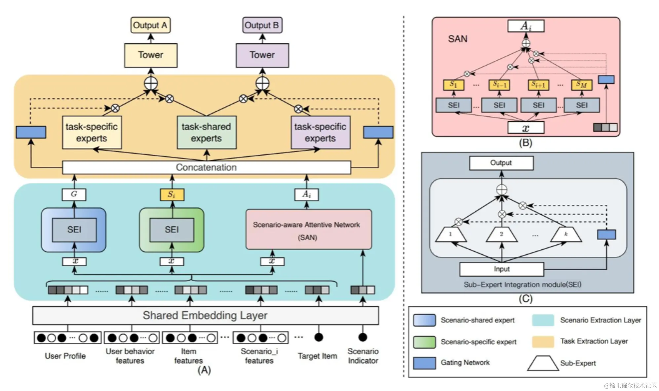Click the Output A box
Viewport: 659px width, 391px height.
[150, 25]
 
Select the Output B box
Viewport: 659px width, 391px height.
[262, 25]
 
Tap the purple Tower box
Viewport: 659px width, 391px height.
[262, 55]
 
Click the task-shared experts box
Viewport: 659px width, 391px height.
[207, 132]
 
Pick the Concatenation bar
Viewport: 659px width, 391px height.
[206, 167]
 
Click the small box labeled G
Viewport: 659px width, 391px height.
[74, 194]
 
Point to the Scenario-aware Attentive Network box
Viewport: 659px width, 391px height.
[308, 229]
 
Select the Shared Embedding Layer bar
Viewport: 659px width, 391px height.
[205, 315]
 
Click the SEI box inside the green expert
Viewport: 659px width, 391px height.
[172, 230]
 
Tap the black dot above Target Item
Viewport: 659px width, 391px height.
[319, 337]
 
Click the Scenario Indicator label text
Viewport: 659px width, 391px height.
[363, 356]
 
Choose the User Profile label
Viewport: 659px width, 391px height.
[65, 356]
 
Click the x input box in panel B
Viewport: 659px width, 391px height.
[525, 128]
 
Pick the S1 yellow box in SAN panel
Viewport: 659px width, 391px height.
[453, 85]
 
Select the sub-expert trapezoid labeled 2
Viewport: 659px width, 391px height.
[501, 234]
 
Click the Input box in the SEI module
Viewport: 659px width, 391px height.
[501, 269]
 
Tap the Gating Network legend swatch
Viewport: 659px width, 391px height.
[424, 363]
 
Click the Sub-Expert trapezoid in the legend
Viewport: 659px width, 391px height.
[543, 363]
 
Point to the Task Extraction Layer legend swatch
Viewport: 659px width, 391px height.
[543, 342]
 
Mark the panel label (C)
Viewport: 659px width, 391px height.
[525, 299]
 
